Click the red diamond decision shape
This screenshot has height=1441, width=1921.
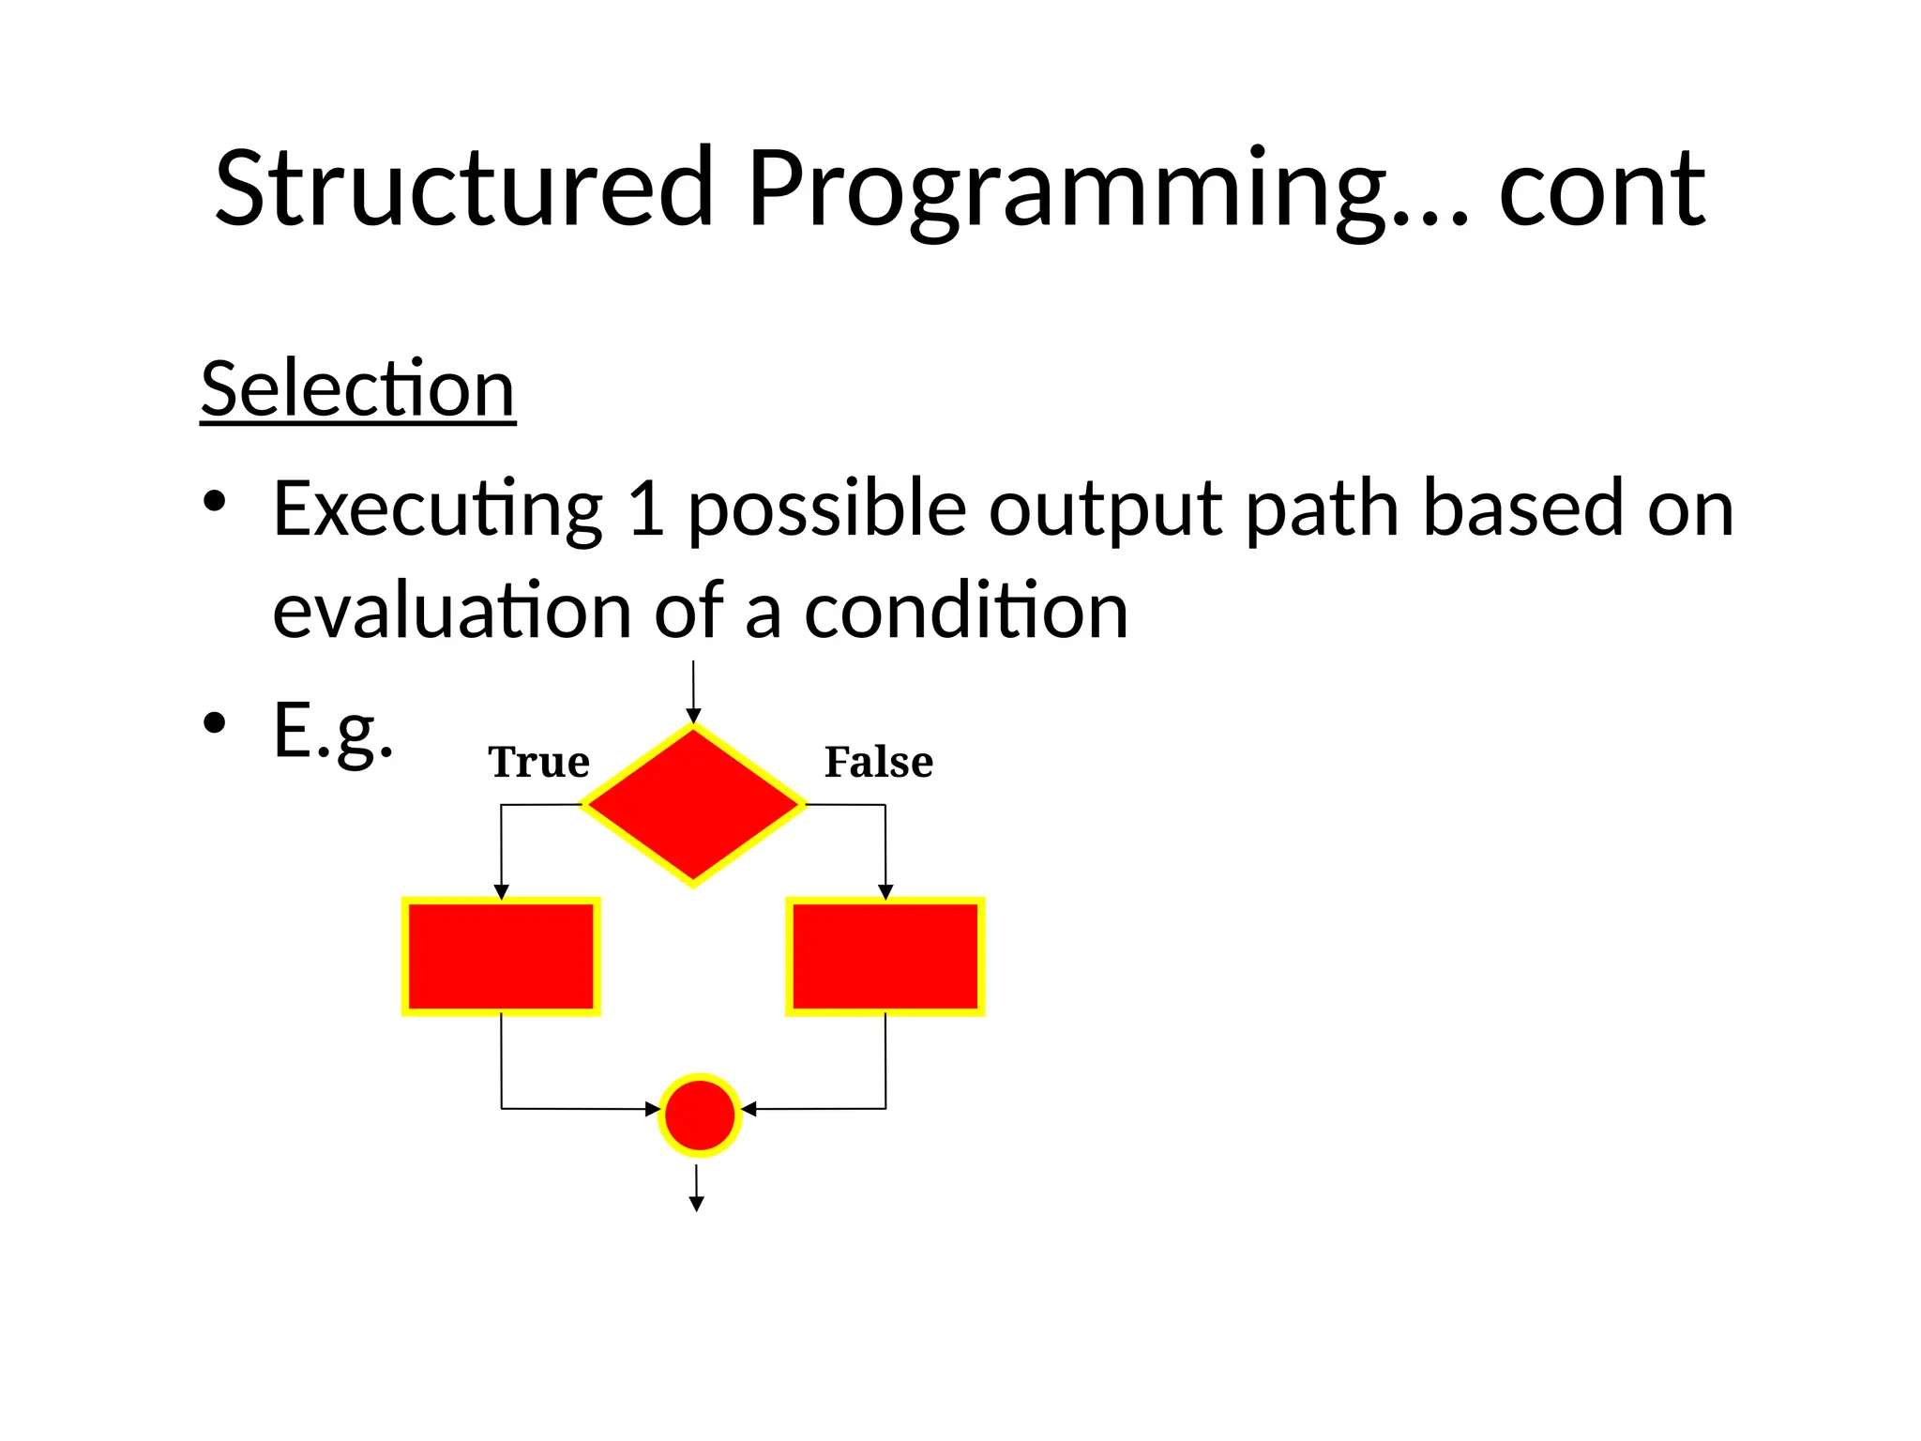tap(693, 805)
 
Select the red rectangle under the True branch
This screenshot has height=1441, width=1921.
tap(501, 956)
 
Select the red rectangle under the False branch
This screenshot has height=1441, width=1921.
tap(885, 956)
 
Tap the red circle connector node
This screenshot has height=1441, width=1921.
tap(700, 1115)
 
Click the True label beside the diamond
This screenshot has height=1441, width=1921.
tap(538, 762)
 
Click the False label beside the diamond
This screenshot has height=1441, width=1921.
tap(878, 762)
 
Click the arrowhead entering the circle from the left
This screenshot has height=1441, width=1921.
tap(652, 1109)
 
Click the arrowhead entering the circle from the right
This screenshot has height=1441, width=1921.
tap(749, 1109)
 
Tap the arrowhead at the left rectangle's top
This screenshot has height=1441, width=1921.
tap(502, 891)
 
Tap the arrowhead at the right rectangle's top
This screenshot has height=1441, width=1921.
tap(885, 891)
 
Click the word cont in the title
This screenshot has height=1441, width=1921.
tap(1602, 192)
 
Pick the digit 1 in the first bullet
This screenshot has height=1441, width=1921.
tap(647, 508)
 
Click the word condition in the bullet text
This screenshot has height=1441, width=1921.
tap(966, 612)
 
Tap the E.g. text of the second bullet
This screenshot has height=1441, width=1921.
tap(333, 732)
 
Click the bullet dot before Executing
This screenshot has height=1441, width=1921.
tap(215, 502)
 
